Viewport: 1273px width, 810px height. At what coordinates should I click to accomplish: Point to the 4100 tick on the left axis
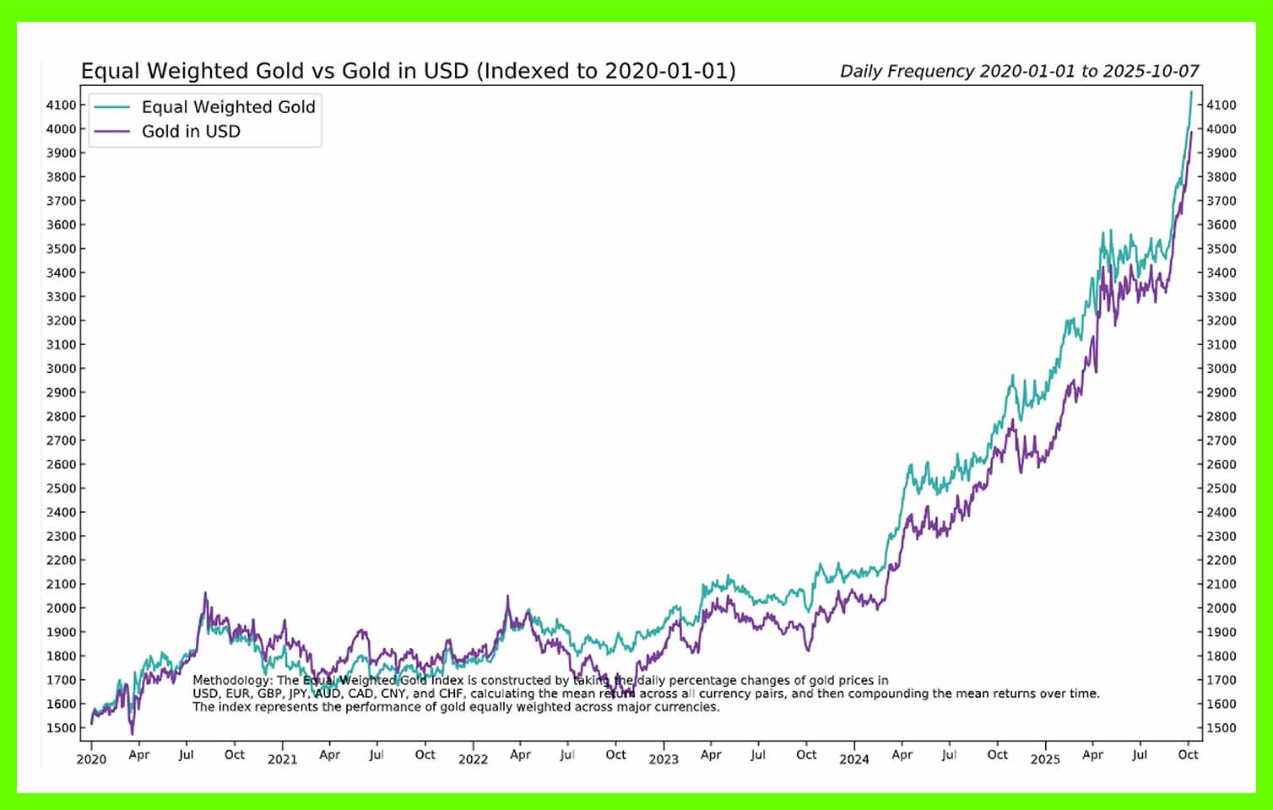pyautogui.click(x=61, y=105)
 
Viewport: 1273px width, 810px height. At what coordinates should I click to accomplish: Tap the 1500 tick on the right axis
pyautogui.click(x=1222, y=727)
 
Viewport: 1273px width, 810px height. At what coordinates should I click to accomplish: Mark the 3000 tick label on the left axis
pyautogui.click(x=61, y=369)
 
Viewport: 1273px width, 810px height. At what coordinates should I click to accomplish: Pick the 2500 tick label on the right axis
pyautogui.click(x=1222, y=488)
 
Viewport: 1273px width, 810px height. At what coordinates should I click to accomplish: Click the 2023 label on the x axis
pyautogui.click(x=664, y=759)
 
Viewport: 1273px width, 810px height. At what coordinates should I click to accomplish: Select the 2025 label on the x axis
pyautogui.click(x=1045, y=759)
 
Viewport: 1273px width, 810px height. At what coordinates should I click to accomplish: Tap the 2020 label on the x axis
pyautogui.click(x=91, y=759)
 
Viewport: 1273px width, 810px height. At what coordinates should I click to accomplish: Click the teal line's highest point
pyautogui.click(x=1191, y=91)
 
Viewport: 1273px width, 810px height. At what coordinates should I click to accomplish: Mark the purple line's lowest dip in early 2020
pyautogui.click(x=132, y=733)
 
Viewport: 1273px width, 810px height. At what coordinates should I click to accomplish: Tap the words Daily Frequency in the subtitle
pyautogui.click(x=902, y=72)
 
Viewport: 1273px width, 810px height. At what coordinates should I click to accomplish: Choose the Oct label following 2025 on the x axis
pyautogui.click(x=1188, y=754)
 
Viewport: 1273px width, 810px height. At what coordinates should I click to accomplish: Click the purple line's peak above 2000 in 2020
pyautogui.click(x=205, y=593)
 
